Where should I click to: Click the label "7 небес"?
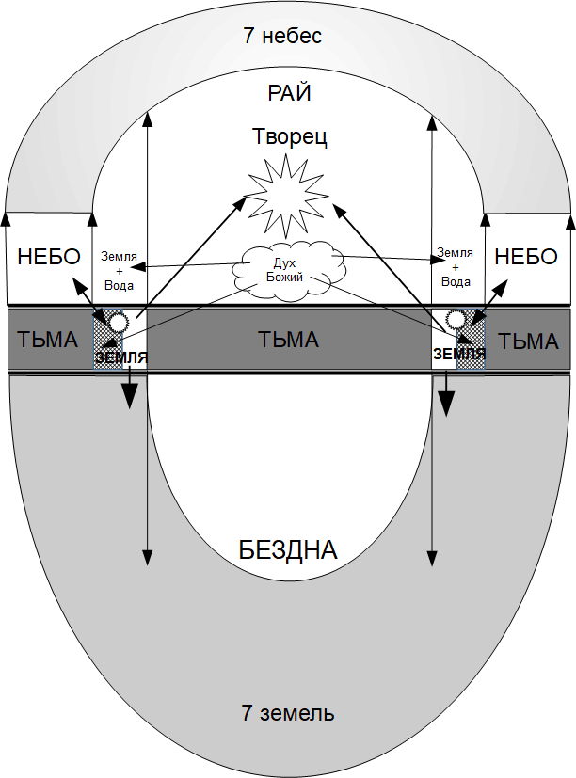(282, 36)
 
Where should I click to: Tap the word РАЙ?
(290, 93)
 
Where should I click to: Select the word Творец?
(290, 136)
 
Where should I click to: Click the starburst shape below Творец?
(287, 196)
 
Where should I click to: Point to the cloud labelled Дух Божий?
(289, 270)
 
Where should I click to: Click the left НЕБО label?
(49, 257)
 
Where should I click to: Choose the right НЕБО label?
(526, 257)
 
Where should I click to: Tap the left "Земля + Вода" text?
(120, 271)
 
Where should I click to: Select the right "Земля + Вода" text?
(456, 267)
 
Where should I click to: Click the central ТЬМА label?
(289, 340)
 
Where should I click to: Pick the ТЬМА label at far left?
(48, 340)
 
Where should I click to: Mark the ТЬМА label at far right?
(528, 341)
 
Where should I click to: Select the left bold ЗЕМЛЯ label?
(121, 357)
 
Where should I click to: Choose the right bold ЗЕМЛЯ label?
(459, 354)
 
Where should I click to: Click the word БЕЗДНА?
(288, 549)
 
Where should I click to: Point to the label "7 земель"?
(288, 713)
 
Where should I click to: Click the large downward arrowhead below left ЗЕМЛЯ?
(130, 395)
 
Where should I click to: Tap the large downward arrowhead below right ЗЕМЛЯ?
(446, 403)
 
